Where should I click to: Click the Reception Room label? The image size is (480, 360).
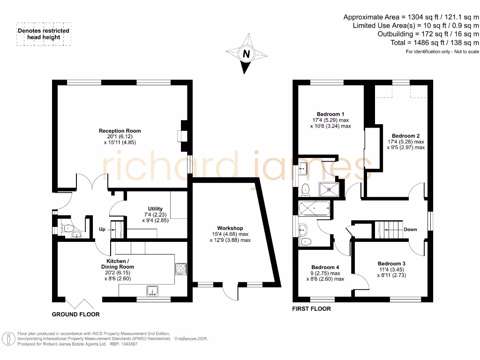(120, 131)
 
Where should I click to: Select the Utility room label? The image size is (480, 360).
(155, 209)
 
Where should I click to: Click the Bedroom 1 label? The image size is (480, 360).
(330, 114)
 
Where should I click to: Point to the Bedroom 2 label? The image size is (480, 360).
(405, 135)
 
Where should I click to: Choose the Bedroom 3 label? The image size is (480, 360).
(391, 263)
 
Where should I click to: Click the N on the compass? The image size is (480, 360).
(245, 54)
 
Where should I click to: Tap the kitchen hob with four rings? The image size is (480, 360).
(180, 269)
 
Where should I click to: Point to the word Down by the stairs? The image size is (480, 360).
(410, 229)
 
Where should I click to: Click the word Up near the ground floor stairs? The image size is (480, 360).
(102, 229)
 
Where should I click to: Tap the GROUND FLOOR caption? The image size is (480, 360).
(75, 314)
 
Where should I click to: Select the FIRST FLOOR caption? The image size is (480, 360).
(311, 308)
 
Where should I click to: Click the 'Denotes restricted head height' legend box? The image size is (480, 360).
(44, 34)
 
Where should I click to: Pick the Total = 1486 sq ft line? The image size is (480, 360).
(435, 42)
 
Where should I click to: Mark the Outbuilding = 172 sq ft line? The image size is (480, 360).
(428, 34)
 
